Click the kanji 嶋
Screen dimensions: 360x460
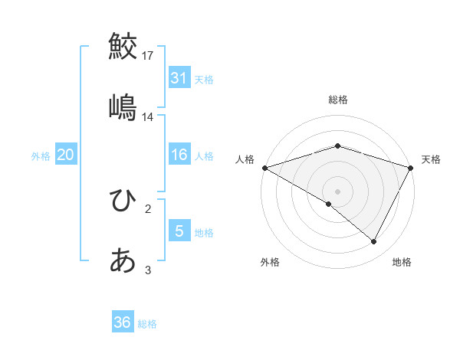click(x=123, y=106)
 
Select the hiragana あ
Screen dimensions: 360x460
click(x=123, y=261)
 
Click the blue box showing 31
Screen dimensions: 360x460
click(x=179, y=78)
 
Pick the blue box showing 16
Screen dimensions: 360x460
click(x=179, y=155)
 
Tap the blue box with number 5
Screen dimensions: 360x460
click(x=179, y=231)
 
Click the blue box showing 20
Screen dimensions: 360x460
click(x=66, y=155)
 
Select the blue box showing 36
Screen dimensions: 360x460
click(x=123, y=322)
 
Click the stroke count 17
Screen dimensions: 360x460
click(x=148, y=56)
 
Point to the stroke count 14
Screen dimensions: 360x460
click(x=148, y=117)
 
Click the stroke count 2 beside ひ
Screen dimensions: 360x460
click(x=148, y=209)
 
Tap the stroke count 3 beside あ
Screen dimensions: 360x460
click(x=148, y=270)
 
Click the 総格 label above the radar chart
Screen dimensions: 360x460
click(x=337, y=100)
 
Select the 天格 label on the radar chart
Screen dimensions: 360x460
click(x=431, y=159)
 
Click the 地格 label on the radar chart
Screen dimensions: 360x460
click(x=402, y=262)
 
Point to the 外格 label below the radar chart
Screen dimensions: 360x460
click(x=270, y=262)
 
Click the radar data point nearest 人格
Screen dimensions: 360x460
click(x=264, y=167)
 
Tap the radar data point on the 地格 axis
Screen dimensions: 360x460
click(x=374, y=241)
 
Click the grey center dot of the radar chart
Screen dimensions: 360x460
click(x=337, y=191)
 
